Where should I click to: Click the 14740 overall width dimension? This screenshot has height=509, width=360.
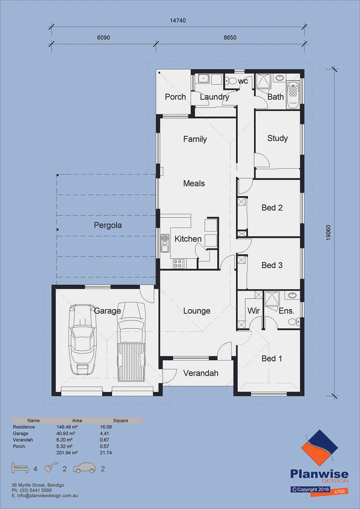point(178,20)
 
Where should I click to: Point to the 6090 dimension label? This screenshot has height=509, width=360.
point(104,37)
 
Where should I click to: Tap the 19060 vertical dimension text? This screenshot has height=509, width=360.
point(328,232)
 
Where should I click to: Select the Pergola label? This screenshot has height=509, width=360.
point(108,225)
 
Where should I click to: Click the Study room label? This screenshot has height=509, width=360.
point(277,138)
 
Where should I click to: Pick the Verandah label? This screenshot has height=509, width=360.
point(201,373)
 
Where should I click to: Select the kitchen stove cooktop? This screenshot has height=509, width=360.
point(179,264)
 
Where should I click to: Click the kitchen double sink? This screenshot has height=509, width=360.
point(165,243)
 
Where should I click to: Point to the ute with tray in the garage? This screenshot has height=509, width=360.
point(131,342)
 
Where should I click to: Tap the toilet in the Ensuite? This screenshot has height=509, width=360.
point(294,322)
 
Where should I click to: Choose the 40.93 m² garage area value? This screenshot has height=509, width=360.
point(66,433)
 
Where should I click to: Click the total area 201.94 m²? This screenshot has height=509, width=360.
point(67,452)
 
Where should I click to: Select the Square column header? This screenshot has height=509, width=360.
point(121,420)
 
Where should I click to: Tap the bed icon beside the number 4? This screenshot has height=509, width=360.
point(20,468)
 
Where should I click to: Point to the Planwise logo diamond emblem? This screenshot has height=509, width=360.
point(319,450)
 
